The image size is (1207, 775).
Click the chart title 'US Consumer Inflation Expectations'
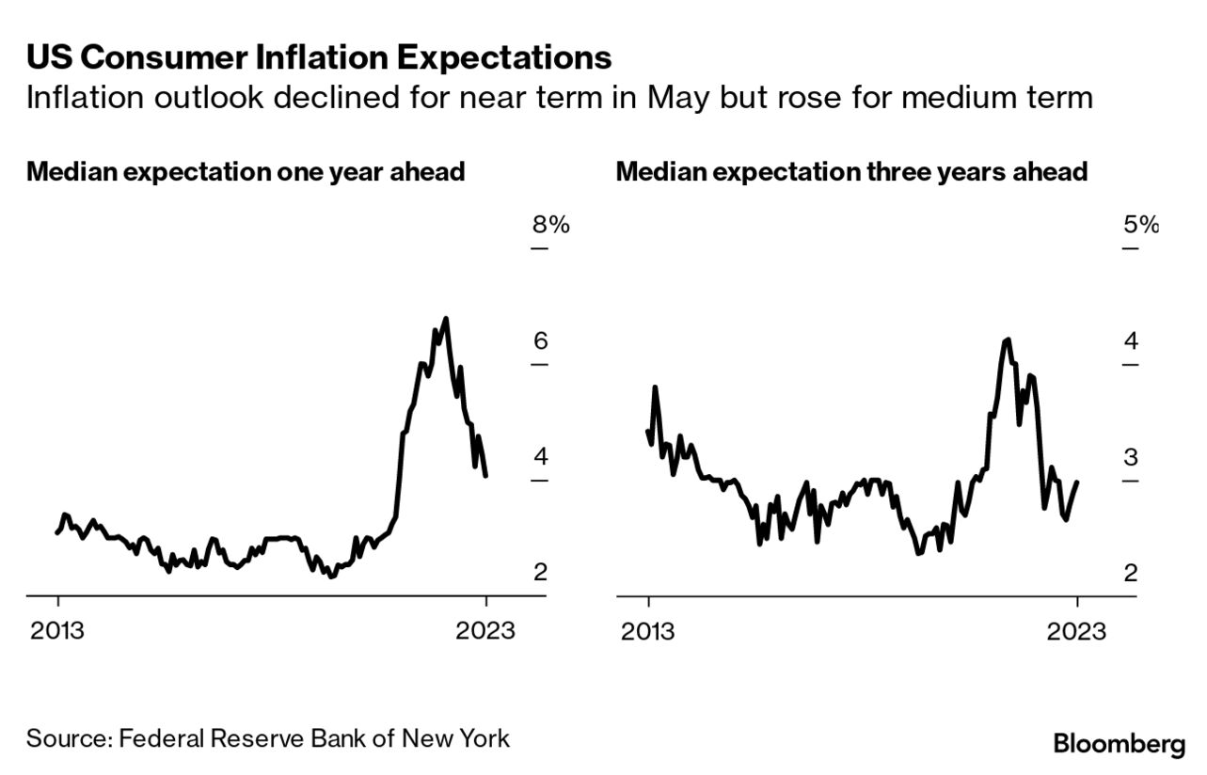[x=319, y=58]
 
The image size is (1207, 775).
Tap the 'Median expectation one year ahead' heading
[x=246, y=172]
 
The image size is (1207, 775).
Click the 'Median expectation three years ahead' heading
[x=851, y=172]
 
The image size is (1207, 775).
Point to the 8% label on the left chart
[x=550, y=225]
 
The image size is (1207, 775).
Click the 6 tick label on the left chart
[x=541, y=341]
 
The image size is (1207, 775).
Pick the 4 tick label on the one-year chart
[x=541, y=457]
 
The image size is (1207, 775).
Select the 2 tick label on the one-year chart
[x=541, y=573]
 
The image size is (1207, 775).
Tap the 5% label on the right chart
[x=1140, y=225]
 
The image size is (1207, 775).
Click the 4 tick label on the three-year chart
[x=1130, y=341]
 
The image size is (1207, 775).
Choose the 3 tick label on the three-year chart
[x=1130, y=457]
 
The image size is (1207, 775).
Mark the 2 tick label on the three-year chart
[x=1130, y=573]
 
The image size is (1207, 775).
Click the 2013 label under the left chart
[x=57, y=629]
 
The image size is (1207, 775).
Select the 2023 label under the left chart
[x=486, y=629]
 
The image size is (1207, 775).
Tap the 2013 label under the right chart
[x=647, y=629]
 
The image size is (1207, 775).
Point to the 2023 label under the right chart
[x=1077, y=629]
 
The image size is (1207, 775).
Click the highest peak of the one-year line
[x=445, y=319]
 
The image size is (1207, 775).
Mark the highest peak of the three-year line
[x=1008, y=340]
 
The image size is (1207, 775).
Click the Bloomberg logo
[x=1120, y=745]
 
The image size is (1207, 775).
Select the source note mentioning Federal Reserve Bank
[x=268, y=737]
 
